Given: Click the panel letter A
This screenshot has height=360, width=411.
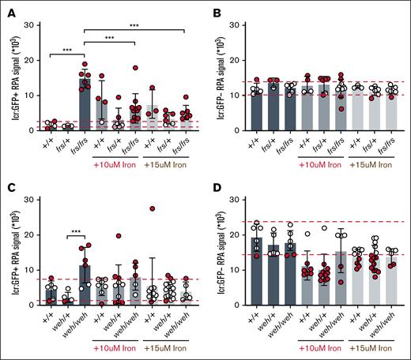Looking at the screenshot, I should pos(6,6).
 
